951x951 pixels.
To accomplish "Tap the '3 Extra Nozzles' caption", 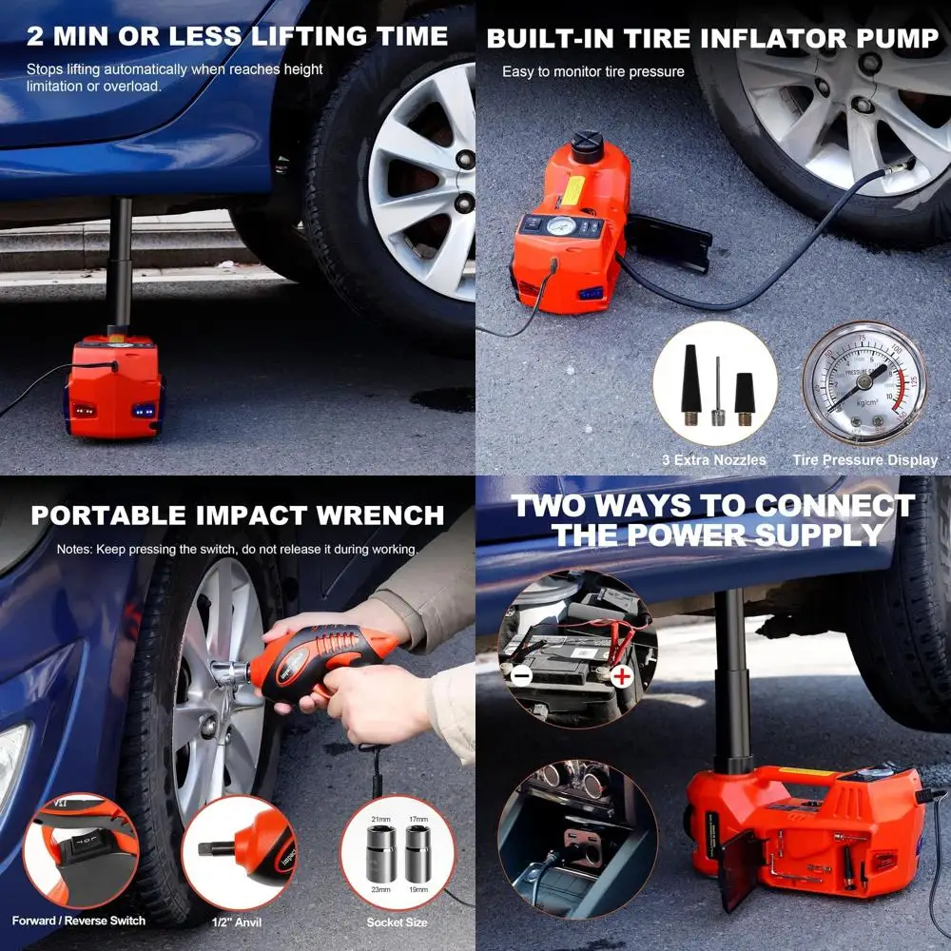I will tap(713, 460).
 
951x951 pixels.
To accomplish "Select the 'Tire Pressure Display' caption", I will tap(864, 460).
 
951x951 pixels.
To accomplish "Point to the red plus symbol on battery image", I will tap(621, 677).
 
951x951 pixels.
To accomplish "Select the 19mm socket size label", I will tap(417, 890).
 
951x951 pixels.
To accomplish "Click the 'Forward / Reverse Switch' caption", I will tap(79, 921).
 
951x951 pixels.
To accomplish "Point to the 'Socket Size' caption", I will tap(397, 922).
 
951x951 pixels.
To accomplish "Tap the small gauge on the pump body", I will tap(559, 226).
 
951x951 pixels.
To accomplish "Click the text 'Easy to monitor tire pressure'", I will tap(592, 72).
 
